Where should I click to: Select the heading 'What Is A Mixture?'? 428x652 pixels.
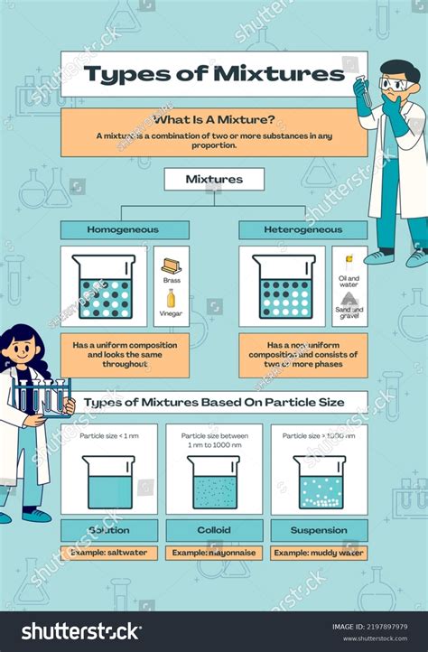point(214,120)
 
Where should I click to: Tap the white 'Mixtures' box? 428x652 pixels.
point(214,179)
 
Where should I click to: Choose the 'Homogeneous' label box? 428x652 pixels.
point(124,229)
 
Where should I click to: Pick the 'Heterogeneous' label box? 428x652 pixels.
point(302,229)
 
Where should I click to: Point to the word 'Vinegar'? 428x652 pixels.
point(172,314)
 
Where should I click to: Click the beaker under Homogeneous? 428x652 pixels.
point(105,286)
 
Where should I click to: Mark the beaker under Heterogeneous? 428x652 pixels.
point(284,286)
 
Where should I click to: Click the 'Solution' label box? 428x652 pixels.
point(109,530)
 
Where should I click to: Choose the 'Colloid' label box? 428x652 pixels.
point(214,530)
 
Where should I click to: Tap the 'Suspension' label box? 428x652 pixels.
point(319,530)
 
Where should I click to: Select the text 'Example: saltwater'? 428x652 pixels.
point(109,552)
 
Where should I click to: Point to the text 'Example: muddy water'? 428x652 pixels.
point(319,552)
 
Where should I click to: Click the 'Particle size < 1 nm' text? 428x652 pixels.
point(108,435)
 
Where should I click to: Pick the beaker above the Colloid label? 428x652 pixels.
point(214,482)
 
